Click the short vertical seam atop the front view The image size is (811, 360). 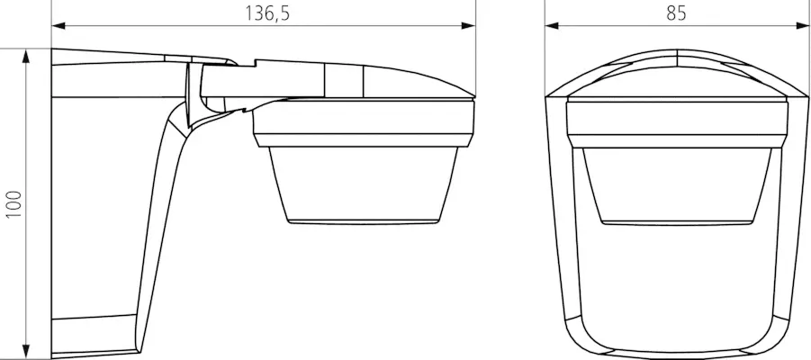[675, 56]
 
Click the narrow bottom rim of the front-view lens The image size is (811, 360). [676, 220]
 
